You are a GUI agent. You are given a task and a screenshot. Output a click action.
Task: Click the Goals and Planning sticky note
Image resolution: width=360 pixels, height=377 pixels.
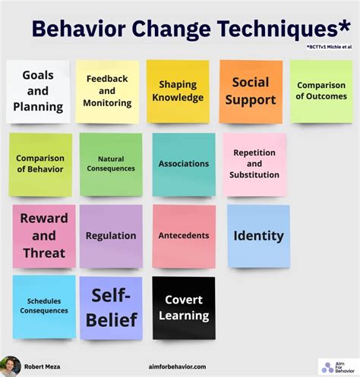[38, 91]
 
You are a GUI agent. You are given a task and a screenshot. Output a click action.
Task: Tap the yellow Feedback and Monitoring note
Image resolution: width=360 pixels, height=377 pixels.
[107, 91]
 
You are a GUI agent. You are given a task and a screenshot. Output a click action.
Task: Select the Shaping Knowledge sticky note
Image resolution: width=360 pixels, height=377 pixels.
[177, 91]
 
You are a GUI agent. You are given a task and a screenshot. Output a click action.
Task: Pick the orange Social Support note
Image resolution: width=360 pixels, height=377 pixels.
[251, 91]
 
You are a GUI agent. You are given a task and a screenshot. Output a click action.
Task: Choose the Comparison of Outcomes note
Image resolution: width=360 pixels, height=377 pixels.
[321, 91]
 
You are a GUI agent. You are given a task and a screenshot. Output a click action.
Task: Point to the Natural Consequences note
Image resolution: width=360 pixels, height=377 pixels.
[111, 164]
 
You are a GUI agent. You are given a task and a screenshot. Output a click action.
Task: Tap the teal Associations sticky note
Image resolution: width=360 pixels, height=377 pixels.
[183, 164]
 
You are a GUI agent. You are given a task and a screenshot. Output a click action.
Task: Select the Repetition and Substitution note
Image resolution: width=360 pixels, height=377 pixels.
[254, 164]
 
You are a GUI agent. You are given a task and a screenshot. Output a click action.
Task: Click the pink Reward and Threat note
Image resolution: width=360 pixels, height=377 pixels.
[43, 236]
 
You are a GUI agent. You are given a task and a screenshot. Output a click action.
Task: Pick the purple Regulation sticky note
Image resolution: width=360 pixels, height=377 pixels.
[111, 236]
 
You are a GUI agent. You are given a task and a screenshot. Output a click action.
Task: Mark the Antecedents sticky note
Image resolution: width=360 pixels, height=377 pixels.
[183, 236]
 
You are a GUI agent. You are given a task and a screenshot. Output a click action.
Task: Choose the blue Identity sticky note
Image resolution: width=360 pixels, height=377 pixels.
[258, 236]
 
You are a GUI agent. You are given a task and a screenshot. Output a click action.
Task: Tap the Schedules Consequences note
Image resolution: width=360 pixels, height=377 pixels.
[43, 306]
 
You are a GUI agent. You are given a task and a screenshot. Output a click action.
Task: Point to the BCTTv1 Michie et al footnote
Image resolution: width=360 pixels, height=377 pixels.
[328, 47]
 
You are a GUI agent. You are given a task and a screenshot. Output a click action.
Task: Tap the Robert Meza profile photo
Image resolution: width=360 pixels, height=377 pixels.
[10, 366]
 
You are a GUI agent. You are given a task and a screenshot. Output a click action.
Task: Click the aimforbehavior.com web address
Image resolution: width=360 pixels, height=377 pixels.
[178, 366]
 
